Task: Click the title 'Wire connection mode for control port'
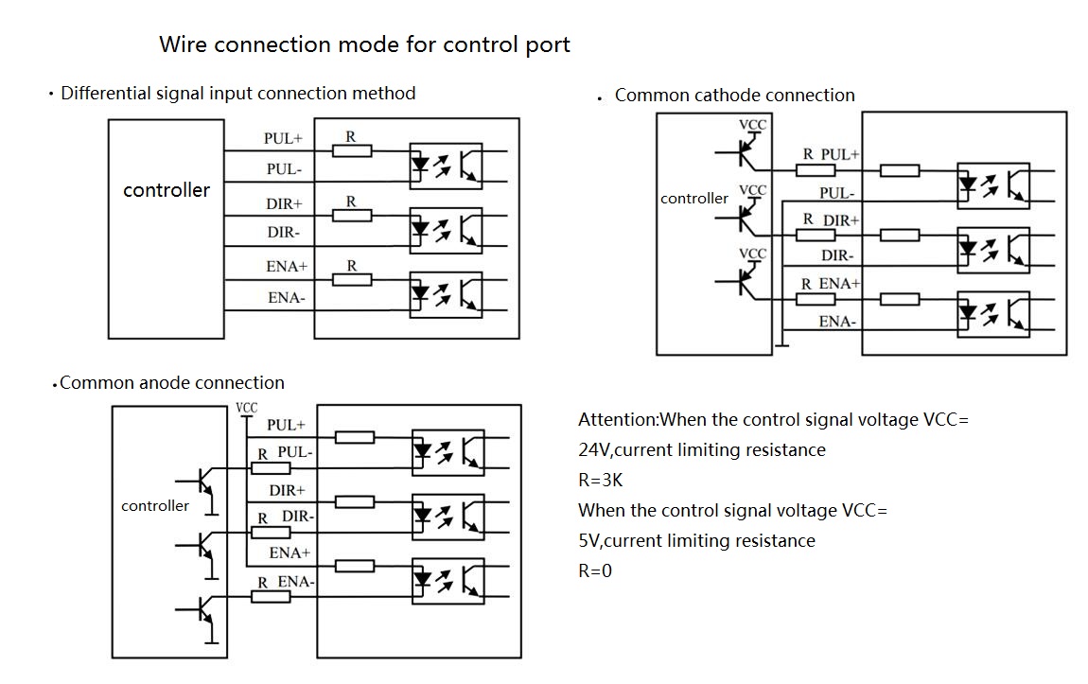click(364, 44)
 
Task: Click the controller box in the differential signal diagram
click(167, 228)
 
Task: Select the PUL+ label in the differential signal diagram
click(283, 138)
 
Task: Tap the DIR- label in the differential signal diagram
click(283, 233)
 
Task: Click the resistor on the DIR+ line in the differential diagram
click(352, 216)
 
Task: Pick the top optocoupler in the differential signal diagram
click(447, 166)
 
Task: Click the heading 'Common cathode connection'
click(734, 96)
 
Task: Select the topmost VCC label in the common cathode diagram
click(753, 125)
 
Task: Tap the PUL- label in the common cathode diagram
click(836, 193)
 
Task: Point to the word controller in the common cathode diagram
click(694, 199)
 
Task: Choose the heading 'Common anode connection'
click(171, 383)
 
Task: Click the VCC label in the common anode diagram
click(246, 409)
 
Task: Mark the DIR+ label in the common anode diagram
click(287, 491)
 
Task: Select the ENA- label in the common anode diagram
click(295, 582)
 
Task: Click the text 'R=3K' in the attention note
click(600, 481)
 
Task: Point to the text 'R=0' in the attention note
click(595, 571)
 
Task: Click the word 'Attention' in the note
click(617, 420)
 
